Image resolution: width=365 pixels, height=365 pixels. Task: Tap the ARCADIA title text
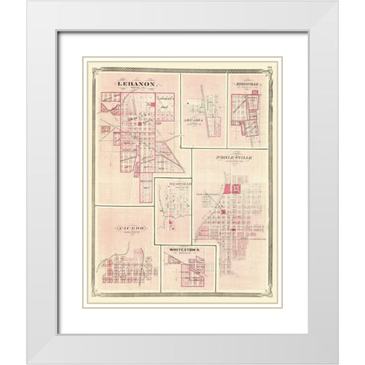(x=205, y=119)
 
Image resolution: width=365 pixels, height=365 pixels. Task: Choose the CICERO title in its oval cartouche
(x=125, y=227)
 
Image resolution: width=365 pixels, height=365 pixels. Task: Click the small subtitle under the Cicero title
(x=125, y=233)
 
